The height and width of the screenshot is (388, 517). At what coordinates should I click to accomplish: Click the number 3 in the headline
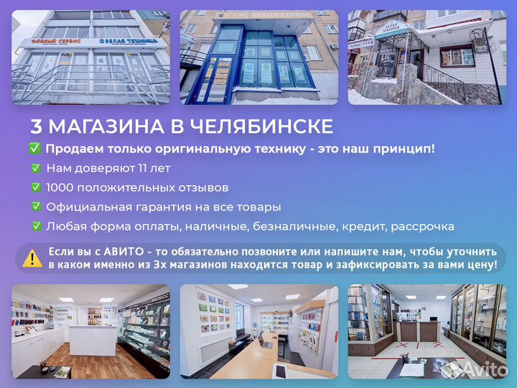[36, 127]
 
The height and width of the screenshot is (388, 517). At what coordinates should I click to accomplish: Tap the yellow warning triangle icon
[32, 258]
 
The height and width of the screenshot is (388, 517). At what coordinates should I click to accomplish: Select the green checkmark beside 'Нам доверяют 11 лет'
[35, 168]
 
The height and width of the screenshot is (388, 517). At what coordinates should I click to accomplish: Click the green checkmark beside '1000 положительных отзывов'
[35, 188]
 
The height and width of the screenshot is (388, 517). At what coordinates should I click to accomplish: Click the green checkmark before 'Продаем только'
[34, 149]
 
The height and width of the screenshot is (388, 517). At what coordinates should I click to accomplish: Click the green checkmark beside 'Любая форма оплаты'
[35, 226]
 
